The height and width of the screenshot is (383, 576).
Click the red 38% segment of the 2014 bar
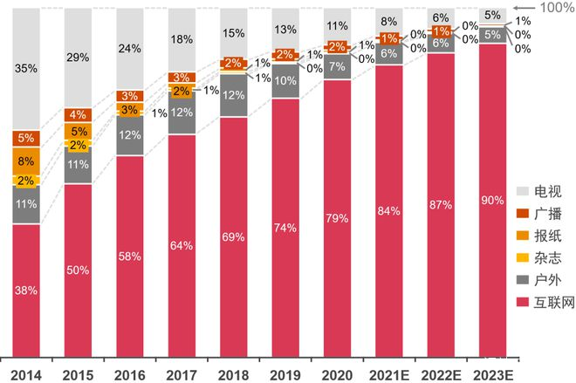tap(25, 291)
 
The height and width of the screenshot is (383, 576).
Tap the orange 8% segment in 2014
tap(25, 161)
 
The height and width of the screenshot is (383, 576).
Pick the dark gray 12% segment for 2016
tap(129, 135)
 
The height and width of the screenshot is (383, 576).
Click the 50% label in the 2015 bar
tap(77, 270)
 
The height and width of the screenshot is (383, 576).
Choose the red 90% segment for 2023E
tap(491, 200)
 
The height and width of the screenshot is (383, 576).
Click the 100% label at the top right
tap(558, 7)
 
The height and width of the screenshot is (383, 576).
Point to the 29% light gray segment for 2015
tap(77, 58)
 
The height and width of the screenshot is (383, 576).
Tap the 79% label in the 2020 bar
tap(336, 218)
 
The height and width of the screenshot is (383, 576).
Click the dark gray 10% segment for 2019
tap(285, 81)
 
